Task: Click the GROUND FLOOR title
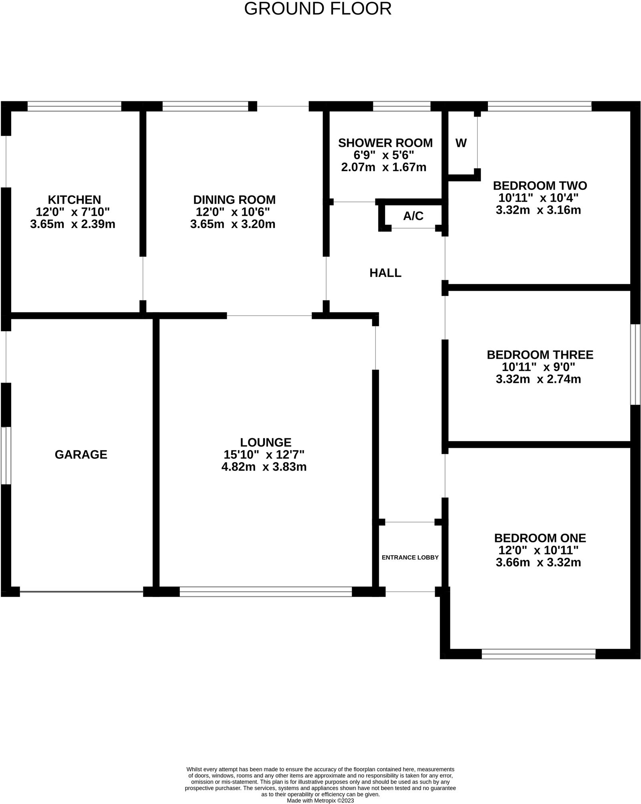(x=318, y=9)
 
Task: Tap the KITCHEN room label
(x=74, y=199)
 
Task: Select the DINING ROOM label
(x=234, y=199)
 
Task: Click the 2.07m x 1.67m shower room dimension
(x=383, y=167)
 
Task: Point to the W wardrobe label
(x=461, y=143)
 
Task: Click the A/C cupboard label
(x=413, y=216)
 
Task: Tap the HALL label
(x=385, y=273)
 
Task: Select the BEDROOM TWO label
(x=540, y=185)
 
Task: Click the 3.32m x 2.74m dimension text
(x=538, y=379)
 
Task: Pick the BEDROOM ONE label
(x=540, y=538)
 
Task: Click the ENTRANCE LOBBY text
(x=410, y=557)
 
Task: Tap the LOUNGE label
(x=266, y=442)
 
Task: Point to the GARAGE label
(x=81, y=454)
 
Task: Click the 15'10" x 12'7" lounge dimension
(x=264, y=455)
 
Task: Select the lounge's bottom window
(x=266, y=592)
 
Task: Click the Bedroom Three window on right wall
(x=635, y=364)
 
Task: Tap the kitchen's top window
(x=74, y=106)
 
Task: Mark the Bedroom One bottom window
(x=538, y=654)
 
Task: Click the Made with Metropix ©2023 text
(x=320, y=800)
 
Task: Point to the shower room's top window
(x=401, y=106)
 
